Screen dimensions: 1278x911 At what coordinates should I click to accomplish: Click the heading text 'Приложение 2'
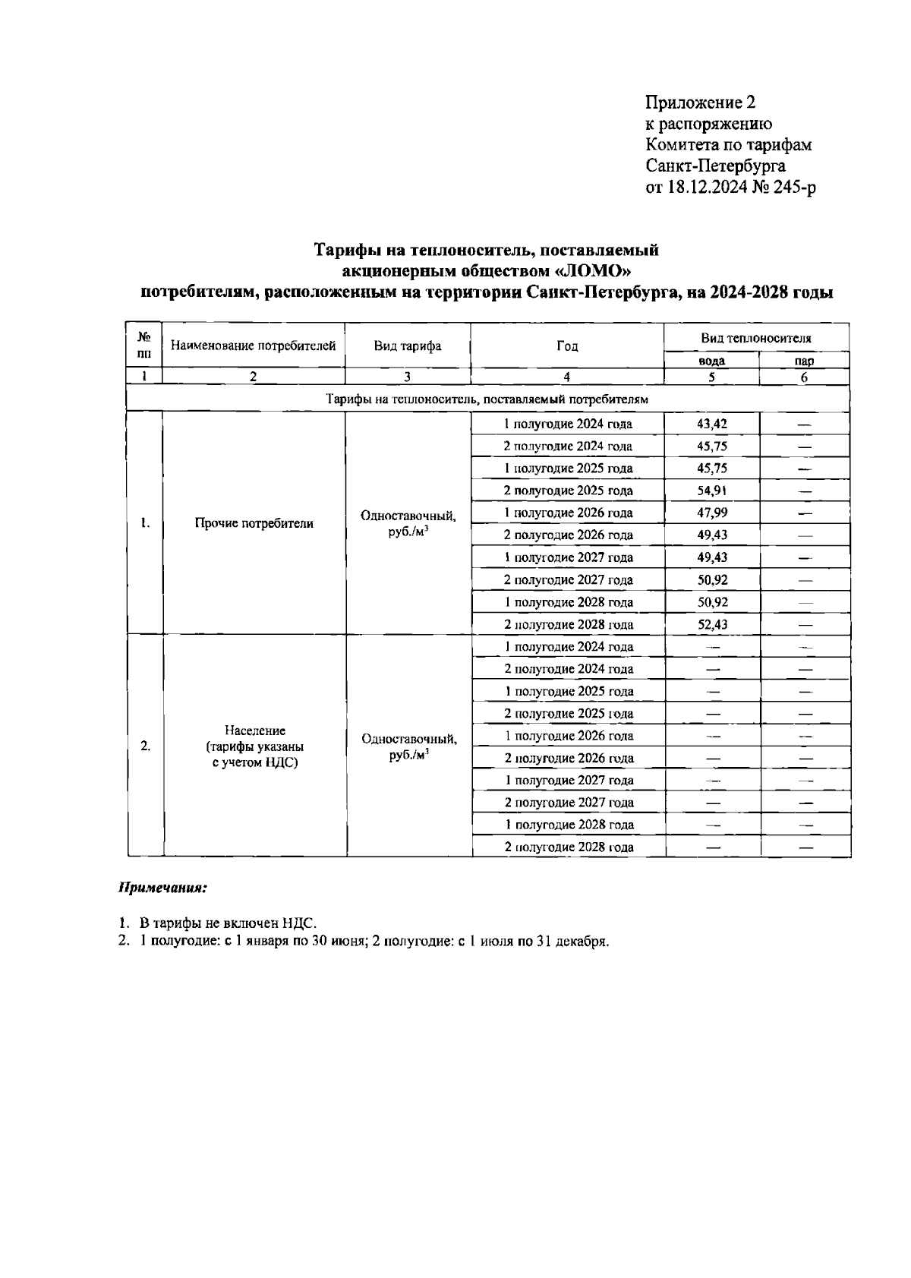click(700, 103)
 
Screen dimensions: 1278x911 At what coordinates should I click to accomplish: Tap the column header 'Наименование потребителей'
click(254, 346)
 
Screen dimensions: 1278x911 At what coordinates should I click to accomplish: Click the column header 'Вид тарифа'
click(407, 346)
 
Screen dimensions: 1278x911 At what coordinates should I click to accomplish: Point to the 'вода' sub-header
click(711, 361)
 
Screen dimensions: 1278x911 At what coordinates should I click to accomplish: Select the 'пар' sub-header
click(804, 361)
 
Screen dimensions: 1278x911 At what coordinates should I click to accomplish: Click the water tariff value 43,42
click(712, 424)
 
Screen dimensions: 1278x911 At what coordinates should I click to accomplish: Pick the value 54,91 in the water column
click(712, 491)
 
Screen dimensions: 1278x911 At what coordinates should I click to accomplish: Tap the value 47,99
click(712, 513)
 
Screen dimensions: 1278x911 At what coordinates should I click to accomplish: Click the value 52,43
click(712, 624)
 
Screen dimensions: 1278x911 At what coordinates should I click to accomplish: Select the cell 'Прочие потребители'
click(254, 523)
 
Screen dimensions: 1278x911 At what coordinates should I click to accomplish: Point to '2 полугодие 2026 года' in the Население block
click(569, 758)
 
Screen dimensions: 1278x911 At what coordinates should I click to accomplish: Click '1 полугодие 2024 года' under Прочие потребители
click(569, 424)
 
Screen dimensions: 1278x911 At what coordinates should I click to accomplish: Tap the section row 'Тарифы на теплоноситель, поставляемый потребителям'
click(487, 399)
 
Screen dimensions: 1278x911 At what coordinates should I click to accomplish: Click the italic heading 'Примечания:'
click(162, 887)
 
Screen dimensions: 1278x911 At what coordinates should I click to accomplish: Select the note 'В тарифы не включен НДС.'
click(228, 923)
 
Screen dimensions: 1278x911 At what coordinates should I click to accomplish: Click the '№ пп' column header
click(144, 346)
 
